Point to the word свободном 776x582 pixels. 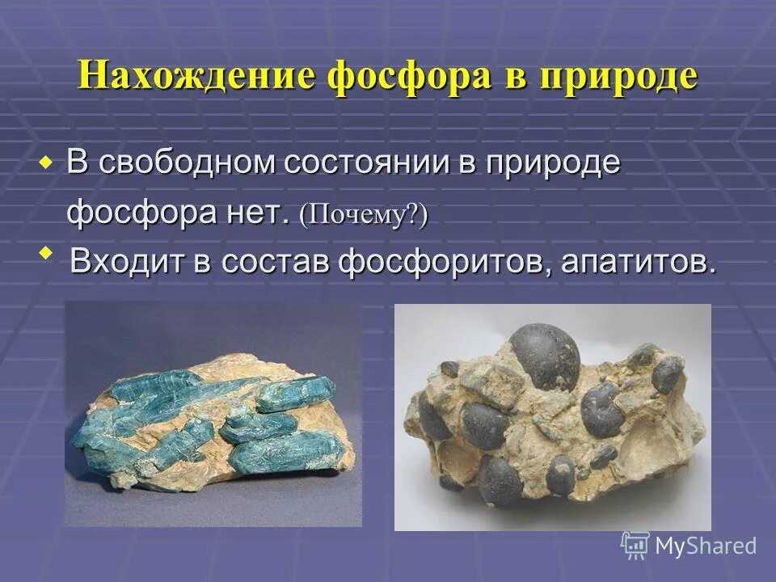click(x=188, y=163)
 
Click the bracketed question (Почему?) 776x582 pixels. click(x=363, y=215)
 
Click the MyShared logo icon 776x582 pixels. click(x=635, y=545)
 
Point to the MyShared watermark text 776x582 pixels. click(x=706, y=546)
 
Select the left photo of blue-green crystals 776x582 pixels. click(x=213, y=414)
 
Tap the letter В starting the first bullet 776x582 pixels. click(x=77, y=163)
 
